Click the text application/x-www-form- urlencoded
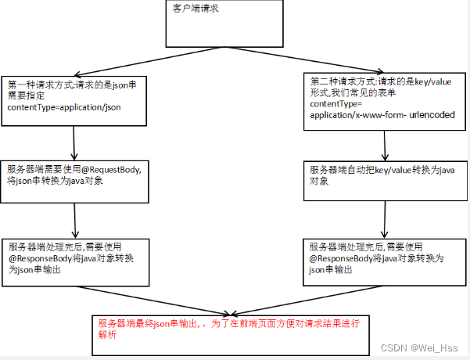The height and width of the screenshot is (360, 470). tap(382, 114)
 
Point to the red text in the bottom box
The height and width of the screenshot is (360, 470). tap(227, 328)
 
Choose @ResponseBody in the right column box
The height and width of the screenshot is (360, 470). tap(341, 257)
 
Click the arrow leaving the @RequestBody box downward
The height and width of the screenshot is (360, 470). tap(77, 221)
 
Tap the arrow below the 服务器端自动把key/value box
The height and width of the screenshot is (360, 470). tap(384, 220)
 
